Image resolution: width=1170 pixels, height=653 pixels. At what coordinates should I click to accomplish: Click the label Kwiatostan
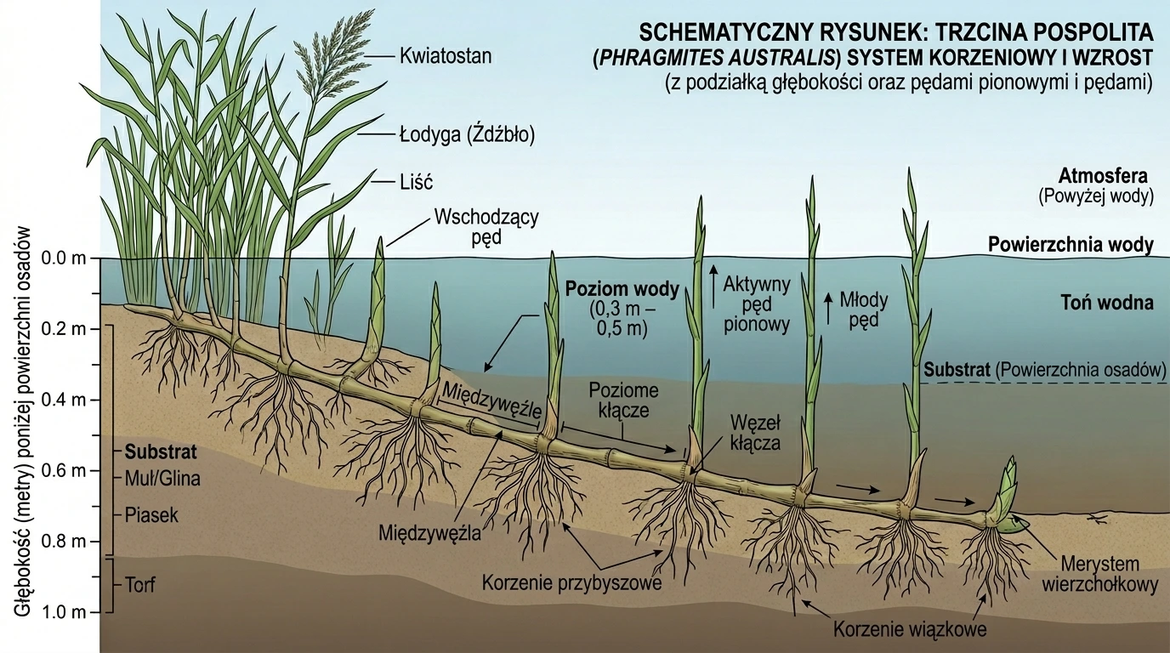tap(446, 56)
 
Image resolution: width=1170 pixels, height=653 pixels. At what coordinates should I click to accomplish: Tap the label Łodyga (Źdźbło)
tap(468, 135)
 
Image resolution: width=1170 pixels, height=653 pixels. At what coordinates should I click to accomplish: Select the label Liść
tap(417, 182)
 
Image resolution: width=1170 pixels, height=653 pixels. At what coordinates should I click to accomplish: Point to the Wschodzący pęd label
tap(486, 227)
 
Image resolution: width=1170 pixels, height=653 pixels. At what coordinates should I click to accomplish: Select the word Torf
tap(140, 585)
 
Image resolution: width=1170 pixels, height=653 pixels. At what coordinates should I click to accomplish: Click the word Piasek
tap(151, 515)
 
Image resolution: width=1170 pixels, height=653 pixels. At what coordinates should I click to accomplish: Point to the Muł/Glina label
tap(162, 479)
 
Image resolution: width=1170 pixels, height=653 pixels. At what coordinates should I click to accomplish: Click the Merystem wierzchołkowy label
tap(1100, 575)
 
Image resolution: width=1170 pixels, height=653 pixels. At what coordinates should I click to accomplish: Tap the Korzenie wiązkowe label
tap(910, 629)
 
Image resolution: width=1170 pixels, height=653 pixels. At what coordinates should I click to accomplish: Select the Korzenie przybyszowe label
tap(572, 582)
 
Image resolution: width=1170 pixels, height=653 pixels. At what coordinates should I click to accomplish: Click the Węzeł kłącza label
tap(755, 432)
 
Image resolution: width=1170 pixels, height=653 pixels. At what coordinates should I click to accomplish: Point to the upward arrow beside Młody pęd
tap(828, 309)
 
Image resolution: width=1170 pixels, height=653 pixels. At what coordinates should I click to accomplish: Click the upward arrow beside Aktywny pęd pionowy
tap(713, 287)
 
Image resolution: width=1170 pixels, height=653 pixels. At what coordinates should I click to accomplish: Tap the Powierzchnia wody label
tap(1071, 245)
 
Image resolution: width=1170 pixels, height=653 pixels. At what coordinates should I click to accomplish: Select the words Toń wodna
tap(1107, 303)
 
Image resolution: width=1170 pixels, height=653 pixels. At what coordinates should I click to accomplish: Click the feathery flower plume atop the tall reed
tap(334, 52)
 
